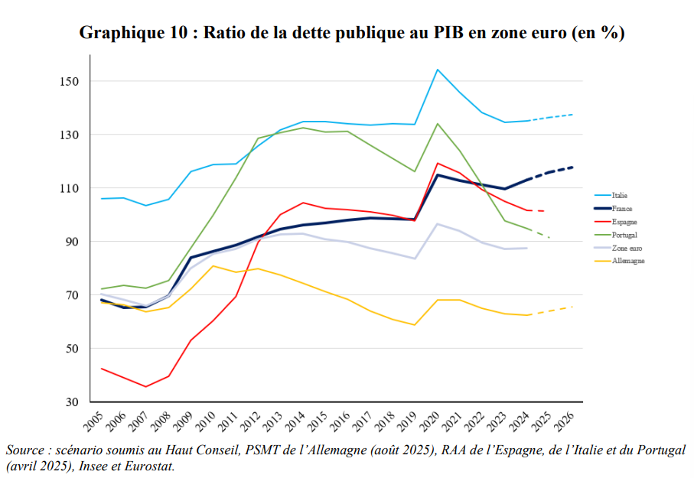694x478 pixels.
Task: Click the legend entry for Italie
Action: (x=619, y=196)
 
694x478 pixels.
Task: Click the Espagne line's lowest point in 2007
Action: (x=146, y=386)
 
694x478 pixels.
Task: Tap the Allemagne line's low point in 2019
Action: (x=415, y=325)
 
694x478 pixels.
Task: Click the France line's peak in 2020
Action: (x=438, y=175)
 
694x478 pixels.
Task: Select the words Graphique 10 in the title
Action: (x=128, y=33)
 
